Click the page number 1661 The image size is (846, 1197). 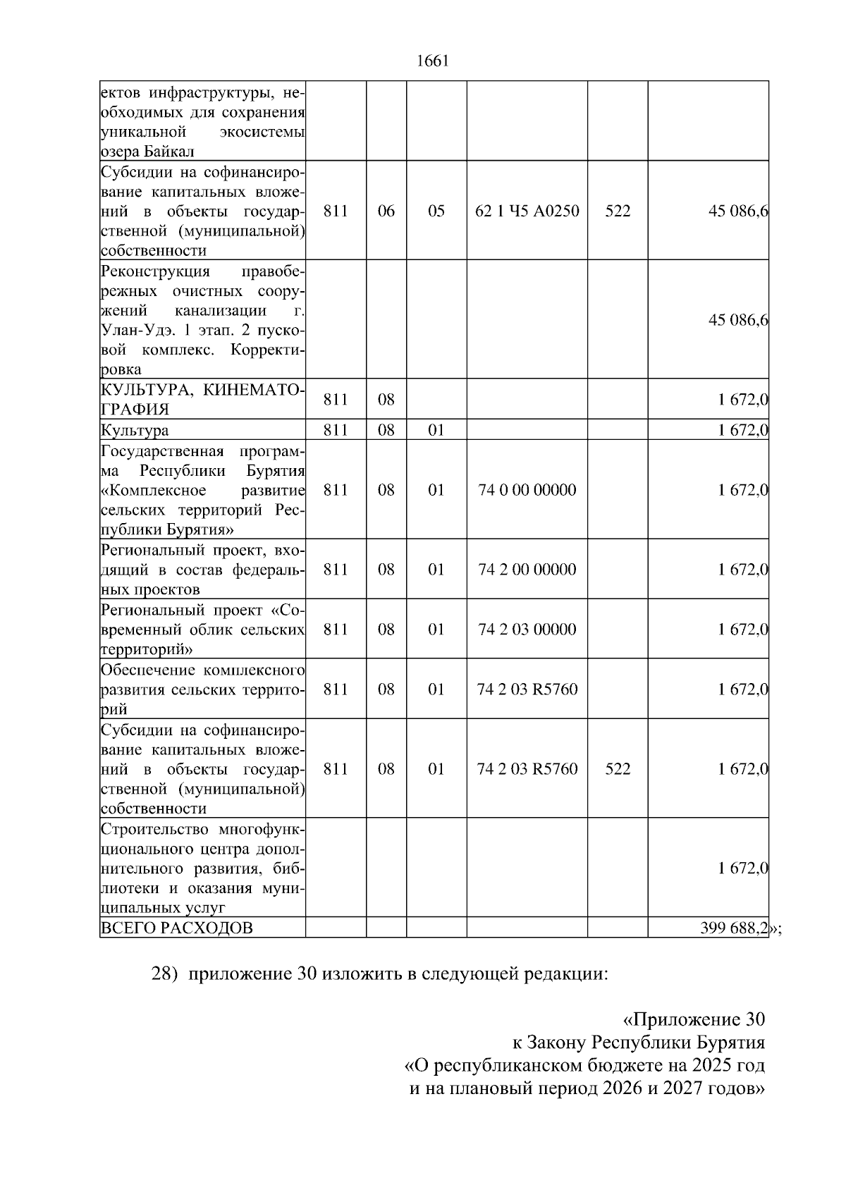433,61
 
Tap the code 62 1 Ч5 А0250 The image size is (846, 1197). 527,211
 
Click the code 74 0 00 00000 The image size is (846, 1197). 527,490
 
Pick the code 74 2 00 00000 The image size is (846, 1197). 527,570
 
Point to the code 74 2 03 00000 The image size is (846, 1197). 527,630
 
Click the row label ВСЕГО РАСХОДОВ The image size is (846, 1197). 177,928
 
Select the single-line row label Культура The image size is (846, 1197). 135,430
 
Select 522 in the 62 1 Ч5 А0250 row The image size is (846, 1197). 618,211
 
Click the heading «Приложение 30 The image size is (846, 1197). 694,1019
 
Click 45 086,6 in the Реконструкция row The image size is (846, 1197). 738,320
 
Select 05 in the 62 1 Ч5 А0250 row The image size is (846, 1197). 436,211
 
